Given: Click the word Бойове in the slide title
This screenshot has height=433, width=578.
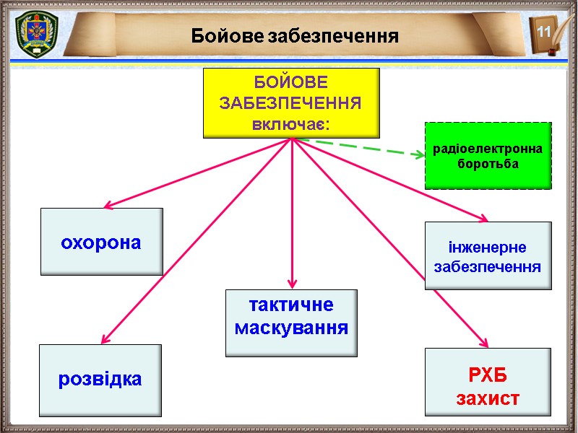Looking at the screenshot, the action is click(227, 35).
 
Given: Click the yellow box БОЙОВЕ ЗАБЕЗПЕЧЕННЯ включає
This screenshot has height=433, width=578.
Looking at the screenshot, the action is click(291, 102).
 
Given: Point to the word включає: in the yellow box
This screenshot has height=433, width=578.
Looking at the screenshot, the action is click(291, 123).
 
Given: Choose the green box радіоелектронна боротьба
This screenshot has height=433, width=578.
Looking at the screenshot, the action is click(487, 156).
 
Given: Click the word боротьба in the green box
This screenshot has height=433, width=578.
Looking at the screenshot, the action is click(488, 164).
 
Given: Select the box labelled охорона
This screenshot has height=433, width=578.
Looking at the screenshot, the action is click(101, 242).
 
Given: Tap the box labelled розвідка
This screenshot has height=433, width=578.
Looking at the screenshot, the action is click(100, 380).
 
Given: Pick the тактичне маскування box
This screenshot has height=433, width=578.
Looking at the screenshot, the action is click(291, 323).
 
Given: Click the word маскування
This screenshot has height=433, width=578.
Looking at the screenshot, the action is click(292, 328).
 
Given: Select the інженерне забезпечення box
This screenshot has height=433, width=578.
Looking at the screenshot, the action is click(488, 255).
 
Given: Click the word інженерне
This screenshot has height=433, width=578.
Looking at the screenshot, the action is click(488, 247).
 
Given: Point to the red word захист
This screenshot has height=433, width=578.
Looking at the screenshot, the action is click(488, 398).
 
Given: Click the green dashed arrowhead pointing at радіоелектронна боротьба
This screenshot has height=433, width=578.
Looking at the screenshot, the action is click(418, 154).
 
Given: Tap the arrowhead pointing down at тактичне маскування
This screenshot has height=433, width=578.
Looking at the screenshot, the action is click(292, 281).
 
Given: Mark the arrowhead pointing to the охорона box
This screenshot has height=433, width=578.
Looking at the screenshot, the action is click(109, 206).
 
